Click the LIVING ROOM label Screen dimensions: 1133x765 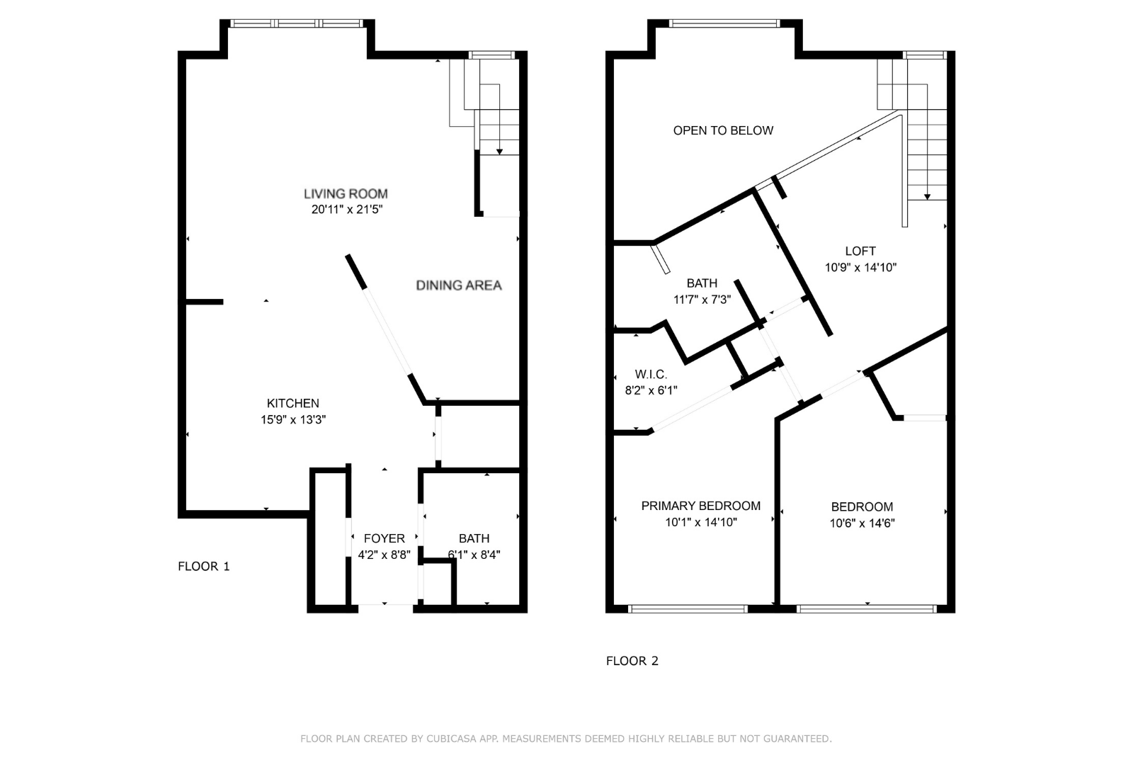pyautogui.click(x=346, y=193)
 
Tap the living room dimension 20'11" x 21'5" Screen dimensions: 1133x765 pyautogui.click(x=346, y=210)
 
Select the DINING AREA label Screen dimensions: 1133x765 pyautogui.click(x=459, y=285)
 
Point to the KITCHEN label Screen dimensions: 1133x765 pyautogui.click(x=293, y=403)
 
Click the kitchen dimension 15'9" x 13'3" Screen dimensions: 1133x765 pyautogui.click(x=293, y=419)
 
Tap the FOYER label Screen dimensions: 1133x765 pyautogui.click(x=385, y=538)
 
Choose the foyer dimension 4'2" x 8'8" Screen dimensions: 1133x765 pyautogui.click(x=385, y=555)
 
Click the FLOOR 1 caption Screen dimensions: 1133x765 pyautogui.click(x=204, y=566)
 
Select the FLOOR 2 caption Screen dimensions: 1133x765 pyautogui.click(x=632, y=661)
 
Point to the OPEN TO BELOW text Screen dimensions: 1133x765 pyautogui.click(x=723, y=130)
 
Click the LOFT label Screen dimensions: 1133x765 pyautogui.click(x=860, y=251)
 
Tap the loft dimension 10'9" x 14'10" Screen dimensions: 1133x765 pyautogui.click(x=860, y=267)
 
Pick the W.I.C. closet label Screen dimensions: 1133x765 pyautogui.click(x=651, y=375)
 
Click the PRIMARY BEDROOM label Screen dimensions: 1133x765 pyautogui.click(x=700, y=506)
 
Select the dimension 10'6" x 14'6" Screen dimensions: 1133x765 pyautogui.click(x=862, y=523)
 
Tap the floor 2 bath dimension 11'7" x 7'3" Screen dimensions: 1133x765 pyautogui.click(x=702, y=300)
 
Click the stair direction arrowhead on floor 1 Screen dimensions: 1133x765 pyautogui.click(x=499, y=152)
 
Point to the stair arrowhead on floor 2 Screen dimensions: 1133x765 pyautogui.click(x=927, y=197)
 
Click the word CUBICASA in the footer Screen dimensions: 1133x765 pyautogui.click(x=451, y=739)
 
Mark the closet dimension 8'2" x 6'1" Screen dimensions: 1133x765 pyautogui.click(x=651, y=390)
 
